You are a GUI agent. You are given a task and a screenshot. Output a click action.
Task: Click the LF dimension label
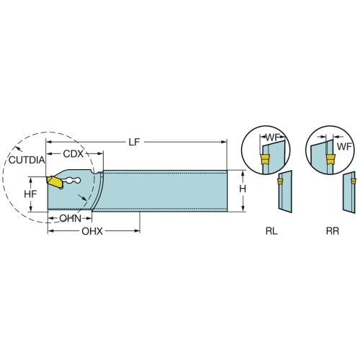134,142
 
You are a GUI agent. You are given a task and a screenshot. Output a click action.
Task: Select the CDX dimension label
73,154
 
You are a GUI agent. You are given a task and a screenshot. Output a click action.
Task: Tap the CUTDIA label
27,160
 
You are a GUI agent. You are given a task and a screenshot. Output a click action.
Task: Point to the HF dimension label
30,194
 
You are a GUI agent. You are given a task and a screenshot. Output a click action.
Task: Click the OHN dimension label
71,219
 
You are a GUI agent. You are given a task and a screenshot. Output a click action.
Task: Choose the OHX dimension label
92,231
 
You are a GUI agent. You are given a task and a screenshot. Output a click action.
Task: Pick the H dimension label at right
243,189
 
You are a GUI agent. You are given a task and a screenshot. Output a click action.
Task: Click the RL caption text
271,231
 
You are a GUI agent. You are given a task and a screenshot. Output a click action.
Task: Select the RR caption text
333,231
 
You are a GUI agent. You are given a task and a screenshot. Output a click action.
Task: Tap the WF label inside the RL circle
273,138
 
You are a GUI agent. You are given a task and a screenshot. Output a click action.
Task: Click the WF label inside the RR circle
344,146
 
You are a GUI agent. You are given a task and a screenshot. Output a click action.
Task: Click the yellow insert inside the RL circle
265,159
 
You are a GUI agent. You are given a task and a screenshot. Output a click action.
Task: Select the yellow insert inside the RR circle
330,159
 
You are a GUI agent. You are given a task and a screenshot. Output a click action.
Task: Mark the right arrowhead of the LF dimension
224,142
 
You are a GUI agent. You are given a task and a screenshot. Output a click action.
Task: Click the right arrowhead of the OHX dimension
137,231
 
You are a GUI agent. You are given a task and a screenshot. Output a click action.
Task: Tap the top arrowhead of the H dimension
243,174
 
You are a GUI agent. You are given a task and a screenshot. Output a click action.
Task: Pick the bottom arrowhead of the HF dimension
30,209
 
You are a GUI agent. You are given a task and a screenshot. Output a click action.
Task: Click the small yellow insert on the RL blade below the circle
279,181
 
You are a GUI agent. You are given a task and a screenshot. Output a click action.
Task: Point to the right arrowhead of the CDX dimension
100,153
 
